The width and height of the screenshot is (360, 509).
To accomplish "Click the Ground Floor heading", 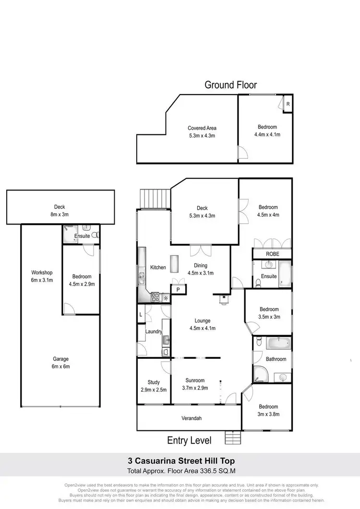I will tap(230, 85).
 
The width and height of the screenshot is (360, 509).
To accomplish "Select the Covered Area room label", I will tap(202, 128).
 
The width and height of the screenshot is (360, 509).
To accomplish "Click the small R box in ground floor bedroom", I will tap(288, 104).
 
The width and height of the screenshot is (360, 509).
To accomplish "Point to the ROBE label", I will tap(272, 254).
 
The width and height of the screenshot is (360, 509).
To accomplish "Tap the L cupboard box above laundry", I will tap(141, 314).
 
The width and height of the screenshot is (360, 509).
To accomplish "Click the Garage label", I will tap(60, 359).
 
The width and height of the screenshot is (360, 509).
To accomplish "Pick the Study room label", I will tap(154, 382).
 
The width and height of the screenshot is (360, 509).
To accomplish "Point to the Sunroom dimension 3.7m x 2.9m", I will tap(195, 388).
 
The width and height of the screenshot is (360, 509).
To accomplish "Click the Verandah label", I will tap(191, 418).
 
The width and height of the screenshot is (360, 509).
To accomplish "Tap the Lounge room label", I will tap(202, 321).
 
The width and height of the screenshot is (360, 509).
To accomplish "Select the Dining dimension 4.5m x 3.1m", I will tap(201, 272).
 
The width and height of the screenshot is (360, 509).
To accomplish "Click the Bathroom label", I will tap(276, 359).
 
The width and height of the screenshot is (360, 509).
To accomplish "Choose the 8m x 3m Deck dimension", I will tap(60, 214).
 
